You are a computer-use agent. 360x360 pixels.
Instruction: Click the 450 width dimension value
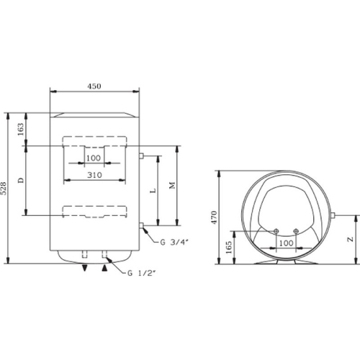click(94, 86)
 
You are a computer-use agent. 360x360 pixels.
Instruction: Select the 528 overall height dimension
click(9, 189)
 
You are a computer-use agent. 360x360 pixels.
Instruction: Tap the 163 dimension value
click(21, 129)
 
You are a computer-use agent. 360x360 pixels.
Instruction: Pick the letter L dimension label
click(153, 191)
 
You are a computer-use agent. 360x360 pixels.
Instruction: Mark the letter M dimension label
click(171, 186)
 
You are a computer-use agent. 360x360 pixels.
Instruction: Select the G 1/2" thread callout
click(139, 274)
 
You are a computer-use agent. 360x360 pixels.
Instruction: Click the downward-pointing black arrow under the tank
click(86, 268)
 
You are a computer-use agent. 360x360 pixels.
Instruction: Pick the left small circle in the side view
click(276, 231)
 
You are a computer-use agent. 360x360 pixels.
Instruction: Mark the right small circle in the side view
click(297, 231)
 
